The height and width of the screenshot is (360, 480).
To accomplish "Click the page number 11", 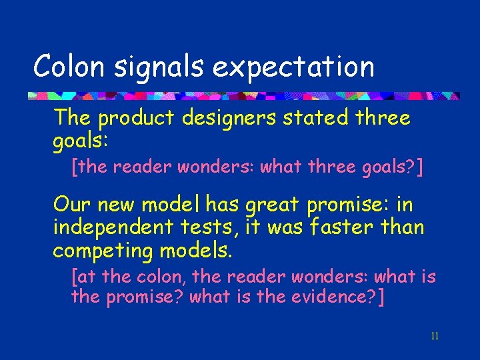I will [x=435, y=335].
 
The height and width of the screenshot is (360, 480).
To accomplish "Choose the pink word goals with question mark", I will [x=393, y=167].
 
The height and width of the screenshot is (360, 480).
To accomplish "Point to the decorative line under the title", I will [x=243, y=95].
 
